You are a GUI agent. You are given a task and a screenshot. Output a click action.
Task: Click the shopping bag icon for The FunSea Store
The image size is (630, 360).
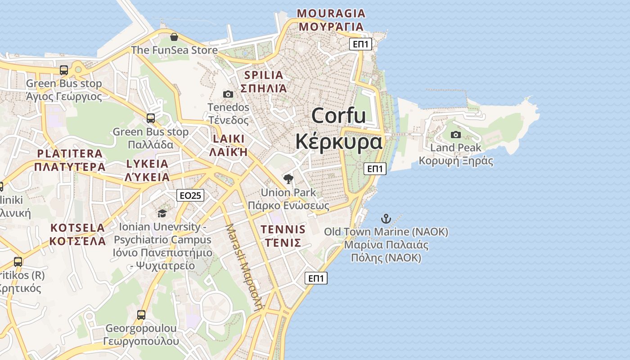click(x=174, y=37)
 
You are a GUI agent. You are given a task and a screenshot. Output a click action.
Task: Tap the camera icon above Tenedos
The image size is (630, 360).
click(x=228, y=94)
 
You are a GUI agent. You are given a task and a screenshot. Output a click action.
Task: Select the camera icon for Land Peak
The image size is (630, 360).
click(x=456, y=135)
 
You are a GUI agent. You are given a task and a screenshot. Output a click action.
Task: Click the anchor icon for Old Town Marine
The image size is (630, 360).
click(x=386, y=219)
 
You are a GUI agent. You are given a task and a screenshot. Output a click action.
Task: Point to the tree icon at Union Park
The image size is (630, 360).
click(x=288, y=179)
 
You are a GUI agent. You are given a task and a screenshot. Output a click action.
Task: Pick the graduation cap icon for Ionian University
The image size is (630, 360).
click(x=162, y=213)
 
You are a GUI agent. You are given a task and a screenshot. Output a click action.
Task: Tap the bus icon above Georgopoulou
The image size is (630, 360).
click(x=141, y=315)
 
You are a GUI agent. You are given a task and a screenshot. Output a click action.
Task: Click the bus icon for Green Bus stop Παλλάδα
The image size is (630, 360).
click(x=151, y=118)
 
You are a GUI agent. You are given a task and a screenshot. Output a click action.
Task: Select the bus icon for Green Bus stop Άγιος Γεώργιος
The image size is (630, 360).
click(x=64, y=70)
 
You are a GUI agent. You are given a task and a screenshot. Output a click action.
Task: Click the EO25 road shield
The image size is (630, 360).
click(x=191, y=195)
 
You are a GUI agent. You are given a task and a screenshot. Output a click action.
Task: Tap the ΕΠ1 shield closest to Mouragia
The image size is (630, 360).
click(x=361, y=44)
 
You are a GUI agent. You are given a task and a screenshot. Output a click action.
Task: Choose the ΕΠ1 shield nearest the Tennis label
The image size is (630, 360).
click(x=316, y=278)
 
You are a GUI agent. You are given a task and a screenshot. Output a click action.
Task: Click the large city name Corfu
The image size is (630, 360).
click(x=338, y=116)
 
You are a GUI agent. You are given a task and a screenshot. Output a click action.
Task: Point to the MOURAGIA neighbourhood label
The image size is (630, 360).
click(x=331, y=13)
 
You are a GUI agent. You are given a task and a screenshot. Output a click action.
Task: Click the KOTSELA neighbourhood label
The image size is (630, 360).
click(x=77, y=228)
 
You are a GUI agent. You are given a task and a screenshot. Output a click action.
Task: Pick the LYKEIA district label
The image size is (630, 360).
click(x=147, y=164)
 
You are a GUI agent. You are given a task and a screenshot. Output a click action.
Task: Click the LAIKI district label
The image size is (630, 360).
click(x=229, y=139)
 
